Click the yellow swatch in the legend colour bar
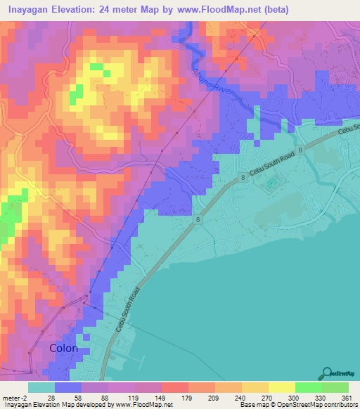[281, 388]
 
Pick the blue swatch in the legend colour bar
[68, 388]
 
